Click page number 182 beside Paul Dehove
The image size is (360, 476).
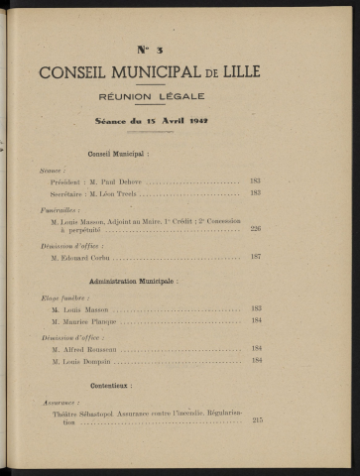tap(255, 181)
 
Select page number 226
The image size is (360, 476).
tap(255, 228)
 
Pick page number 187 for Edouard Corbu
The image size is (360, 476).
tap(255, 256)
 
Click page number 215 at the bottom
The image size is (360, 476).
tap(257, 421)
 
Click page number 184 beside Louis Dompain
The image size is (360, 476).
tap(256, 360)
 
